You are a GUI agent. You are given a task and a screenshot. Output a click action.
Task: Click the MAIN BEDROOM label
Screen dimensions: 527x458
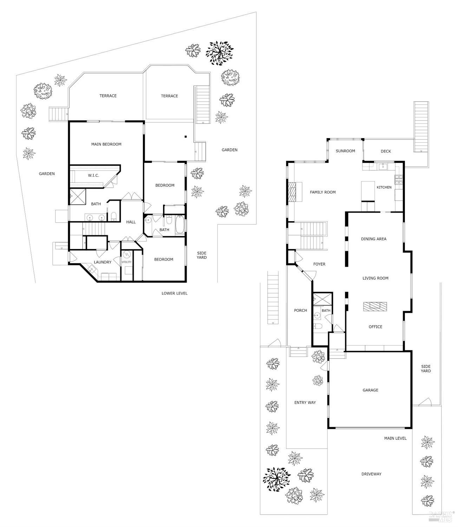(x=106, y=144)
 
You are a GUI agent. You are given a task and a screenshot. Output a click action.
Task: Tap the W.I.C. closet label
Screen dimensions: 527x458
(x=93, y=175)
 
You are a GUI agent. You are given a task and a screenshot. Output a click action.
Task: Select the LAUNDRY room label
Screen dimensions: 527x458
(x=103, y=262)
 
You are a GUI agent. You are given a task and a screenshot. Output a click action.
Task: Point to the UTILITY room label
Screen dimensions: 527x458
(x=126, y=262)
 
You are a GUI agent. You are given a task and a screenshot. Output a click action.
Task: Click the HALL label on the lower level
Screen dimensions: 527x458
(x=131, y=222)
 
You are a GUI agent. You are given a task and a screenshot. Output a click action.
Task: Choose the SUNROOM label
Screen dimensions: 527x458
(x=345, y=151)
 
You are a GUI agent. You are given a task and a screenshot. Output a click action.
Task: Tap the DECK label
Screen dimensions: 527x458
(x=386, y=151)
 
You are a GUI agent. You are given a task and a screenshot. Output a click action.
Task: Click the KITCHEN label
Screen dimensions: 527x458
(x=384, y=187)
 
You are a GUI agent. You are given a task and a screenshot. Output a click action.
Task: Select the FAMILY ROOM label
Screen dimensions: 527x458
(x=322, y=192)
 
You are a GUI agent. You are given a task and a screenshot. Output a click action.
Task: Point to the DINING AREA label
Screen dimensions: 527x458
(x=373, y=239)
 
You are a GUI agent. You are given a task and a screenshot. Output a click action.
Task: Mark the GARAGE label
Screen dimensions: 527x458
(x=370, y=390)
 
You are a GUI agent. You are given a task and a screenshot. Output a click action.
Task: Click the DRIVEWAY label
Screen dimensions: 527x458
(x=371, y=474)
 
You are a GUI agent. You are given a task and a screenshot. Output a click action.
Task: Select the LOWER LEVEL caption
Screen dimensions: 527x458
(x=174, y=293)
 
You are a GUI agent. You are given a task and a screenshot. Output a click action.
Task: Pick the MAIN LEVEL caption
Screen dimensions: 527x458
(x=395, y=438)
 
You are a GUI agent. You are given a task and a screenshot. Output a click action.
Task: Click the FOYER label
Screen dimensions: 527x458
(x=319, y=264)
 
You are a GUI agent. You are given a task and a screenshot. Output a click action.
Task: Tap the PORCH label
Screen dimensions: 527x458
(x=300, y=310)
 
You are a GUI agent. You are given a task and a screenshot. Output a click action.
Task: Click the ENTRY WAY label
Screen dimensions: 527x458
(x=305, y=403)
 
